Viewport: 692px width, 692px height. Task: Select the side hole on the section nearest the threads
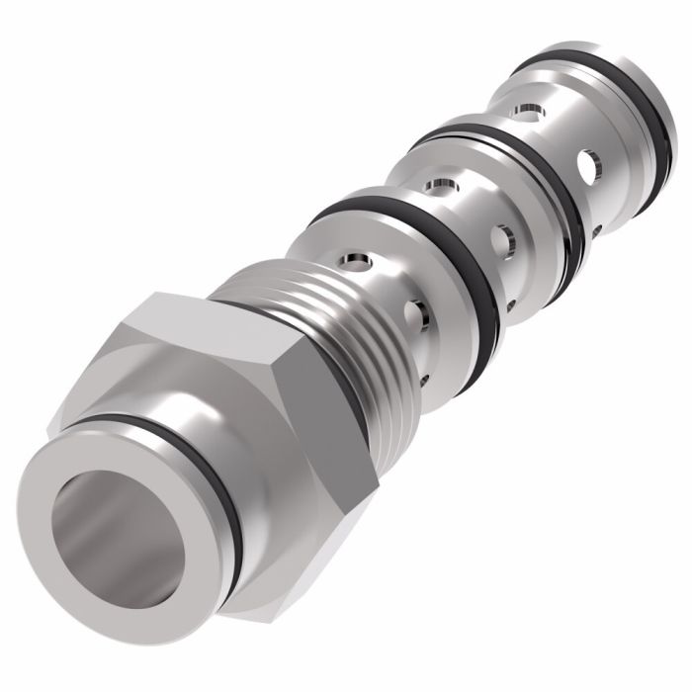(415, 316)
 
